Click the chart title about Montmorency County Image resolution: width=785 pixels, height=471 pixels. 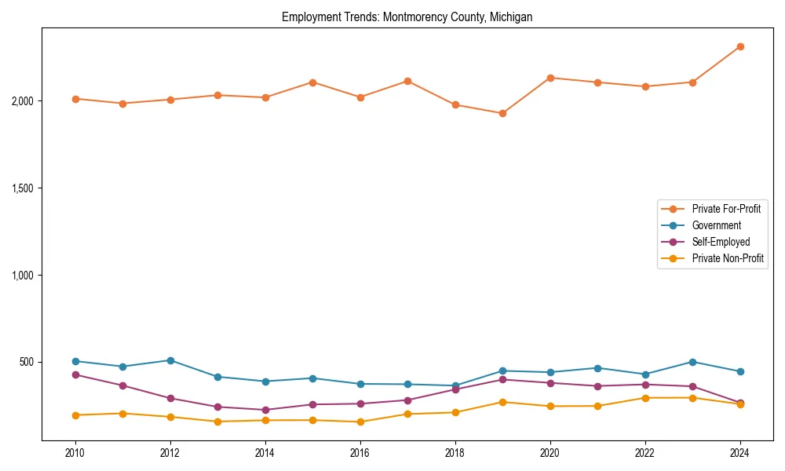point(407,17)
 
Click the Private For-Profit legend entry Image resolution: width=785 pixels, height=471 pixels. point(726,209)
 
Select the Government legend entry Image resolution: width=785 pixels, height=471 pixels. point(716,225)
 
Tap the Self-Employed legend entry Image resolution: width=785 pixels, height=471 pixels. point(721,242)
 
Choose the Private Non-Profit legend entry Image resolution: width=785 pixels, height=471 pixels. point(728,258)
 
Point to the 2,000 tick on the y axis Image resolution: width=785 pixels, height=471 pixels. point(22,101)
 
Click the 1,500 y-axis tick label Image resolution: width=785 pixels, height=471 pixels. point(22,188)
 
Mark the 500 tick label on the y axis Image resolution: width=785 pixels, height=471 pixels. point(27,362)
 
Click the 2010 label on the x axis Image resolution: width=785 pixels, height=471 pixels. point(75,453)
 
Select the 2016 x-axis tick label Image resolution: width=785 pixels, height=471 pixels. point(360,453)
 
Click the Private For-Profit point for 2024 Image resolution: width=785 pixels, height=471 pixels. point(740,47)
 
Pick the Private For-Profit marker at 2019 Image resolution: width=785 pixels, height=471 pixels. point(502,113)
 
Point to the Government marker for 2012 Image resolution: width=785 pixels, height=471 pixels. point(170,360)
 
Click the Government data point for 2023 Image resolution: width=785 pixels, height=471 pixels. point(692,362)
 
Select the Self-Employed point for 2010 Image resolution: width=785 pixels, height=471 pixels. point(75,374)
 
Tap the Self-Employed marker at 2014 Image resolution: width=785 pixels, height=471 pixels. point(265,410)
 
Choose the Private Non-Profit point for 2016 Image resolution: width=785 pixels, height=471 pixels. point(360,422)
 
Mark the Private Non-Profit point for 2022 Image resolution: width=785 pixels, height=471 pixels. point(645,398)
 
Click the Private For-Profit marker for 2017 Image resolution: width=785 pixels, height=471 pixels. point(407,81)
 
